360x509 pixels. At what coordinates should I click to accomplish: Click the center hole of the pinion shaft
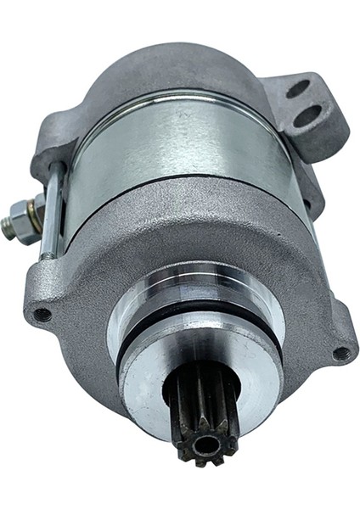tap(205, 441)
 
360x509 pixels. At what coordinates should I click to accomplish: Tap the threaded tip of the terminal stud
tap(8, 226)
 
